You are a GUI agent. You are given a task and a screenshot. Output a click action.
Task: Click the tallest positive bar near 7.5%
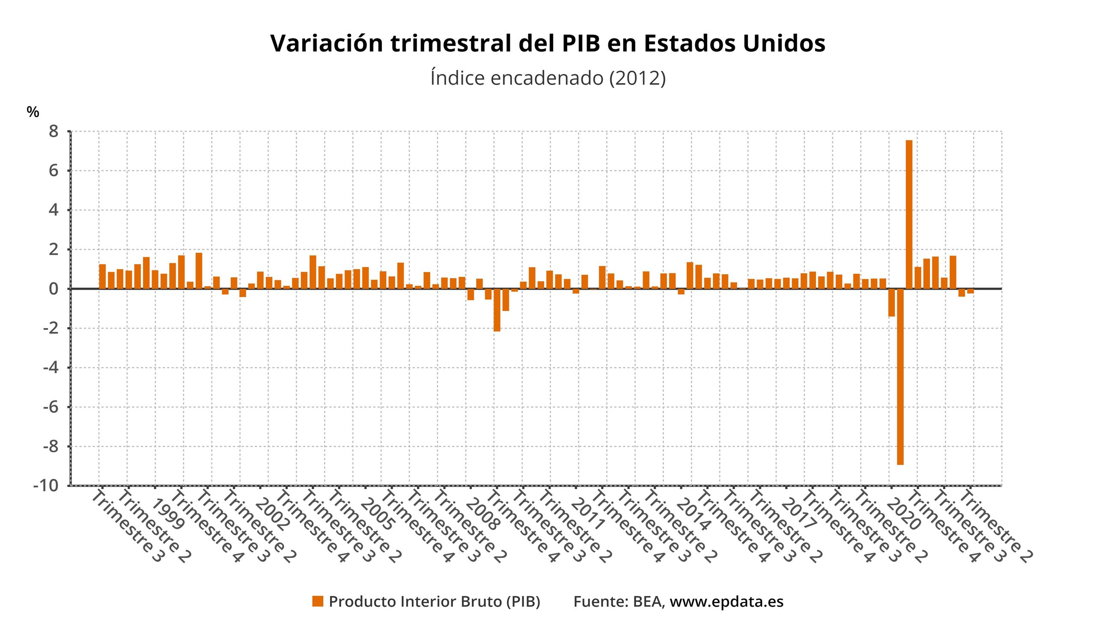908,214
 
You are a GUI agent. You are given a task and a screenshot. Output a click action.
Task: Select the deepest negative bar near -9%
900,376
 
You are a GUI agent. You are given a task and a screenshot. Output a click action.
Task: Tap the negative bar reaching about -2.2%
497,310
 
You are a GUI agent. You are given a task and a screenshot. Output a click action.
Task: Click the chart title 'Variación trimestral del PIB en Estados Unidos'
548,44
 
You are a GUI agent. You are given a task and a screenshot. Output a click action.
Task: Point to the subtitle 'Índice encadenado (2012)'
548,78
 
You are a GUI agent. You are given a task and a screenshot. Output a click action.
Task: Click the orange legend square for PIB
318,602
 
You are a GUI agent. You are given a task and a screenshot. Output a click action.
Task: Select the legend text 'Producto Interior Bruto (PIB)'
434,602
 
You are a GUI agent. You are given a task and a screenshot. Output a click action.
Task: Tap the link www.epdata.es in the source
727,602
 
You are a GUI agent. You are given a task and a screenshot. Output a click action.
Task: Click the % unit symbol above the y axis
33,112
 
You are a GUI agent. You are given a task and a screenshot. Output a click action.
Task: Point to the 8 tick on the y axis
53,131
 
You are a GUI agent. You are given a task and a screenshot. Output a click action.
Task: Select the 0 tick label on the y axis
53,289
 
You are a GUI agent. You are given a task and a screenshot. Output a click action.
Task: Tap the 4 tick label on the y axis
53,210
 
